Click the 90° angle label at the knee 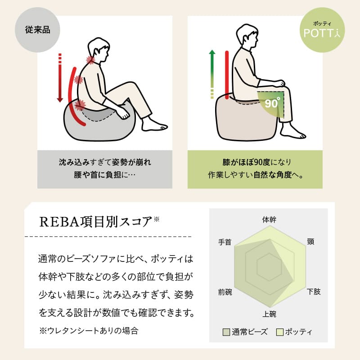tap(272, 103)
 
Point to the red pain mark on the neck tap(91, 60)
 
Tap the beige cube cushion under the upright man tap(245, 119)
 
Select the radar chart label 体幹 tap(269, 220)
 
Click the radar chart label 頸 tap(310, 242)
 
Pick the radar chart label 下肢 tap(314, 292)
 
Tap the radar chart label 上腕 tap(269, 314)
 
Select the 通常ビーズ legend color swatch tap(226, 333)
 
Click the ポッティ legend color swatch tap(279, 333)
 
